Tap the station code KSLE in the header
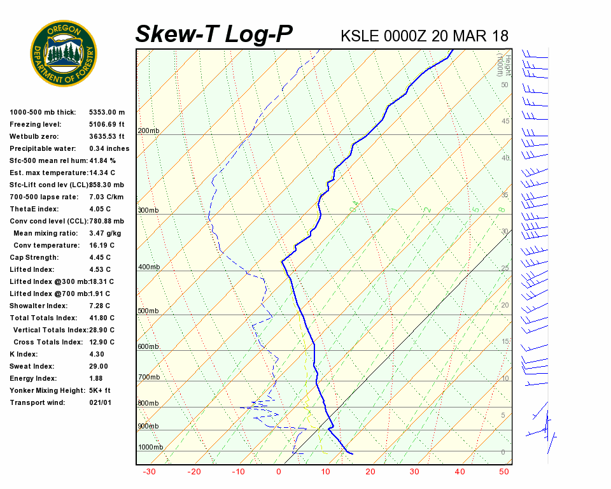[360, 36]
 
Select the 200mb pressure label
[148, 131]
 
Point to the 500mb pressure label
[148, 311]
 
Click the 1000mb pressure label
[150, 448]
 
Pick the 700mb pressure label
[148, 378]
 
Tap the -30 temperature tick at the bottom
[149, 472]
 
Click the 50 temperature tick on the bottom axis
[504, 472]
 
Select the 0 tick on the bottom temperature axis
[279, 472]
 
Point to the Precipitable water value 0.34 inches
[109, 148]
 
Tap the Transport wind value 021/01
[101, 402]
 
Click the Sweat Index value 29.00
[99, 366]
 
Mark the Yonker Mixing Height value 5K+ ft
[100, 390]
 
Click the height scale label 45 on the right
[505, 122]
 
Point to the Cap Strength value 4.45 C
[100, 257]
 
